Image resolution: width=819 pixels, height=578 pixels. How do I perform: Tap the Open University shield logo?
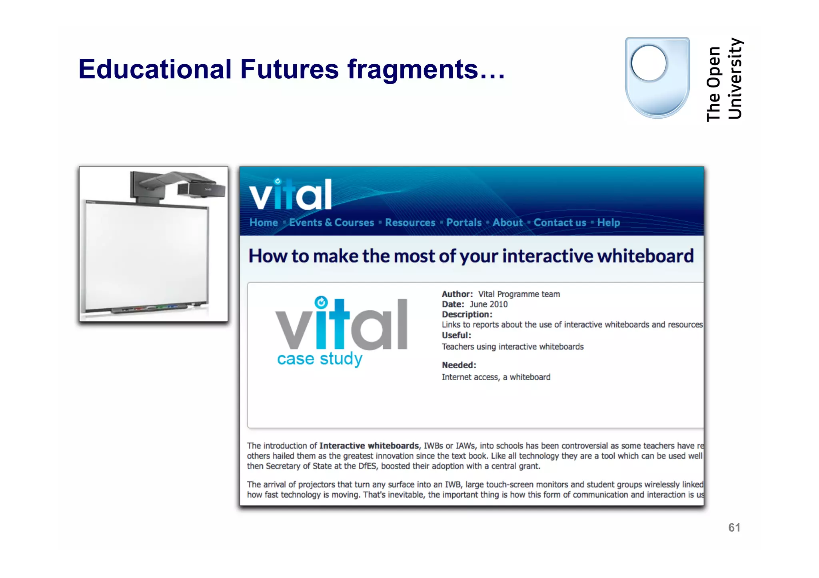pos(657,77)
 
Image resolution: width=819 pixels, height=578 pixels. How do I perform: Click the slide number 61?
pos(734,528)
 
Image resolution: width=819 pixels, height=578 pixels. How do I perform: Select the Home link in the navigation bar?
pos(264,222)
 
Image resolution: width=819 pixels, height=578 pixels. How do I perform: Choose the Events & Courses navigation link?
pos(332,222)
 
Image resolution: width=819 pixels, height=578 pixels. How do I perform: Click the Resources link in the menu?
pos(410,222)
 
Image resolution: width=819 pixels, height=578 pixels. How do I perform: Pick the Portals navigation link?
pos(464,222)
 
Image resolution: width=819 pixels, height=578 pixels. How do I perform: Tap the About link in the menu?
pos(507,222)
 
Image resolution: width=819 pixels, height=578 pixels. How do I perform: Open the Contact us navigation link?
pos(560,222)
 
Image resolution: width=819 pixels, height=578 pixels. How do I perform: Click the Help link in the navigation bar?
pos(608,222)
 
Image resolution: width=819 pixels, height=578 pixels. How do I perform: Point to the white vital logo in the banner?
pos(291,195)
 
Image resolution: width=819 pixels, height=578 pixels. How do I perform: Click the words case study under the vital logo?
pos(320,359)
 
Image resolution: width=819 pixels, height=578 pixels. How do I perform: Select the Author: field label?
pos(457,294)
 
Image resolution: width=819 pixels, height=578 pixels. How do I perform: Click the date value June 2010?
pos(488,304)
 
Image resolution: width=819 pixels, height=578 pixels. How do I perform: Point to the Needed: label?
pos(459,365)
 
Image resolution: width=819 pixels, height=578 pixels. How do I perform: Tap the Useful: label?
pos(456,336)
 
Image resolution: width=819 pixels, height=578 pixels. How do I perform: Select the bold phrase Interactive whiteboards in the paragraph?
pos(369,446)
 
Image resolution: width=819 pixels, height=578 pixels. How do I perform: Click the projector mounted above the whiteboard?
pos(180,186)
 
